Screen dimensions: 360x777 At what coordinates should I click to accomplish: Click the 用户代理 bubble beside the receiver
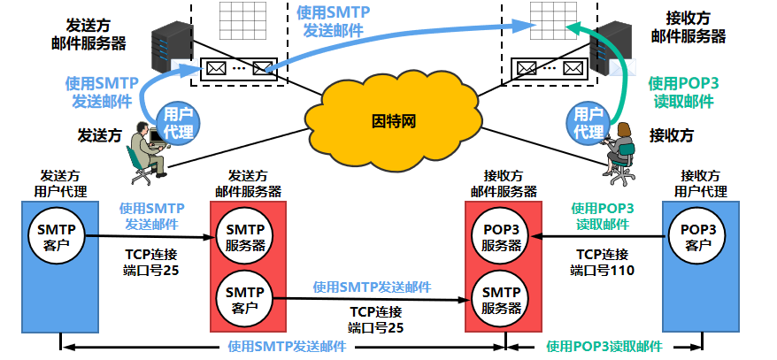click(x=589, y=122)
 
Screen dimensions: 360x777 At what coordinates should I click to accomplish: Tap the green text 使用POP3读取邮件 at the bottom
click(x=604, y=346)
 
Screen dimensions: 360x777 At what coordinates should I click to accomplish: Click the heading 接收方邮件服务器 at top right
click(x=689, y=27)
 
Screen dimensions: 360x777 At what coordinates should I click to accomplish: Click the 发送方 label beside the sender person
click(x=100, y=135)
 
